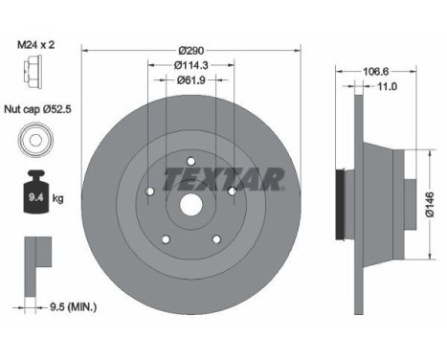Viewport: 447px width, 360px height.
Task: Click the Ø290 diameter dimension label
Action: point(191,51)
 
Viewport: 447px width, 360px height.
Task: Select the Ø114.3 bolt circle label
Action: point(191,65)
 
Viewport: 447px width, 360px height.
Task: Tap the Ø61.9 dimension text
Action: point(191,80)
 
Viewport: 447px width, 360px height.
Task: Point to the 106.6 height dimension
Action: point(376,71)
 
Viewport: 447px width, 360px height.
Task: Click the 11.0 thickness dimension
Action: point(387,86)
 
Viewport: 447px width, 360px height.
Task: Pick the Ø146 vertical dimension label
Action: point(430,205)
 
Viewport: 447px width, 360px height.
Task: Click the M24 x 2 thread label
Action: point(35,45)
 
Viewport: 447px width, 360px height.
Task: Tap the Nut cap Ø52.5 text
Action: point(37,109)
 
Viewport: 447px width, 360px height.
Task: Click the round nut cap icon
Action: point(36,140)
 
